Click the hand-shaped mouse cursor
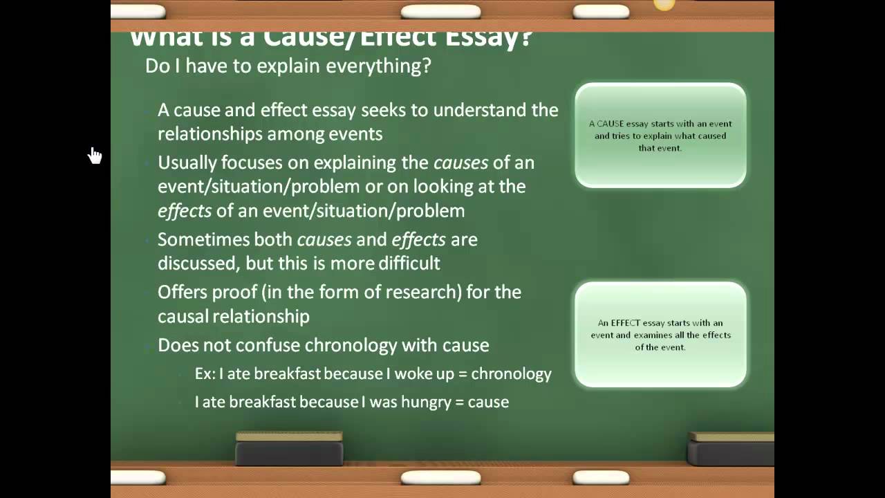coord(95,156)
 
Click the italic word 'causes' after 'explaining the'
coord(460,163)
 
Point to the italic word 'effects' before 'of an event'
coord(185,210)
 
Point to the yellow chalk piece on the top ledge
coord(664,6)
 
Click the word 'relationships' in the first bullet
coord(202,133)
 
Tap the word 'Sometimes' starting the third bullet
coord(198,239)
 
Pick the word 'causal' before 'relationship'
coord(183,316)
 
